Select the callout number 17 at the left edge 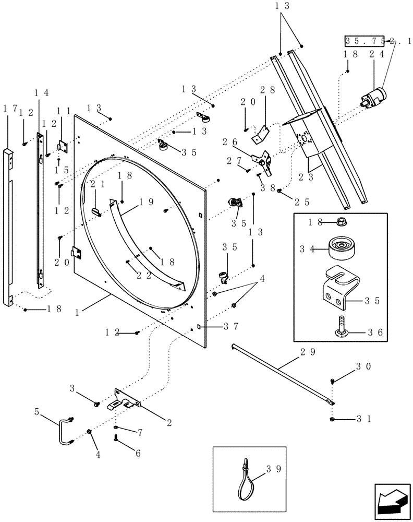click(9, 109)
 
